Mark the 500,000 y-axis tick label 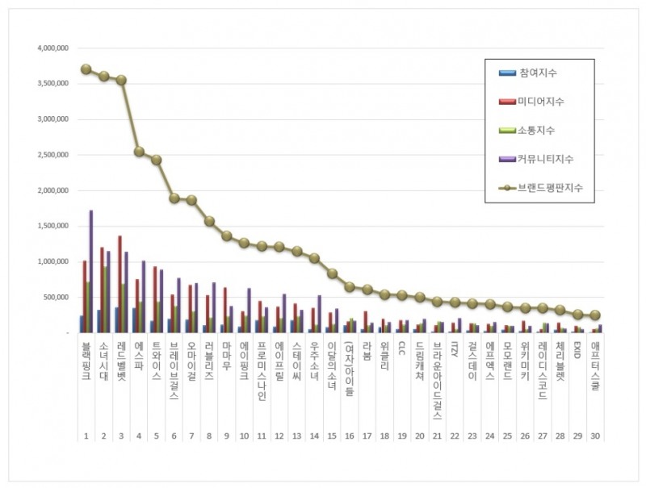(x=57, y=297)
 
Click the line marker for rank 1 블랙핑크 (x=86, y=69)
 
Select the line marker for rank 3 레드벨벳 (x=121, y=80)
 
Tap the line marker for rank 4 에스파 (x=139, y=152)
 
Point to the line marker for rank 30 (x=595, y=315)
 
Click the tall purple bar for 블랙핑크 (x=91, y=271)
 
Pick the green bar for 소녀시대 (x=106, y=299)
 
